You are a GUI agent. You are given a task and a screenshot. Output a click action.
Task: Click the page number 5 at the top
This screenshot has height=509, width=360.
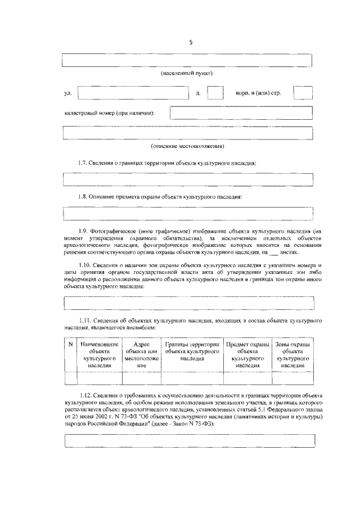(191, 42)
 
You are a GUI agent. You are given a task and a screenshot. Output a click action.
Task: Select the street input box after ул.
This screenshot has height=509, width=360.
(132, 93)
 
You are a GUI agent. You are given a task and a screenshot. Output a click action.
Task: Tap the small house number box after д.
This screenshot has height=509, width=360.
(215, 93)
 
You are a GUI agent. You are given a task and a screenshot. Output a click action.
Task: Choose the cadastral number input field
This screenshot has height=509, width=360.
(241, 113)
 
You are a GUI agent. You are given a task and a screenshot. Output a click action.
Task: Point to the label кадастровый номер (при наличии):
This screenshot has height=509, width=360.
(109, 114)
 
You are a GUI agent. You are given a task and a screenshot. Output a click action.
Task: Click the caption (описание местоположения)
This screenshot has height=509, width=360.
(187, 146)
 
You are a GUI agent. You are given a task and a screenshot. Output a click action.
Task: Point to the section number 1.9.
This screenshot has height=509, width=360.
(85, 231)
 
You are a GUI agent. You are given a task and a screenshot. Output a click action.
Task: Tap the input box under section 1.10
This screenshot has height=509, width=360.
(187, 302)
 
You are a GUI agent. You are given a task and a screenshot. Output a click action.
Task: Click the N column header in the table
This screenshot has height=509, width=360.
(70, 344)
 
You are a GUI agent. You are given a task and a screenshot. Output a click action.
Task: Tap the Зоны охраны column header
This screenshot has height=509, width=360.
(293, 354)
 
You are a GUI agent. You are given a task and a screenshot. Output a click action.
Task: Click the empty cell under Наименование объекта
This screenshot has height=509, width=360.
(99, 377)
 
